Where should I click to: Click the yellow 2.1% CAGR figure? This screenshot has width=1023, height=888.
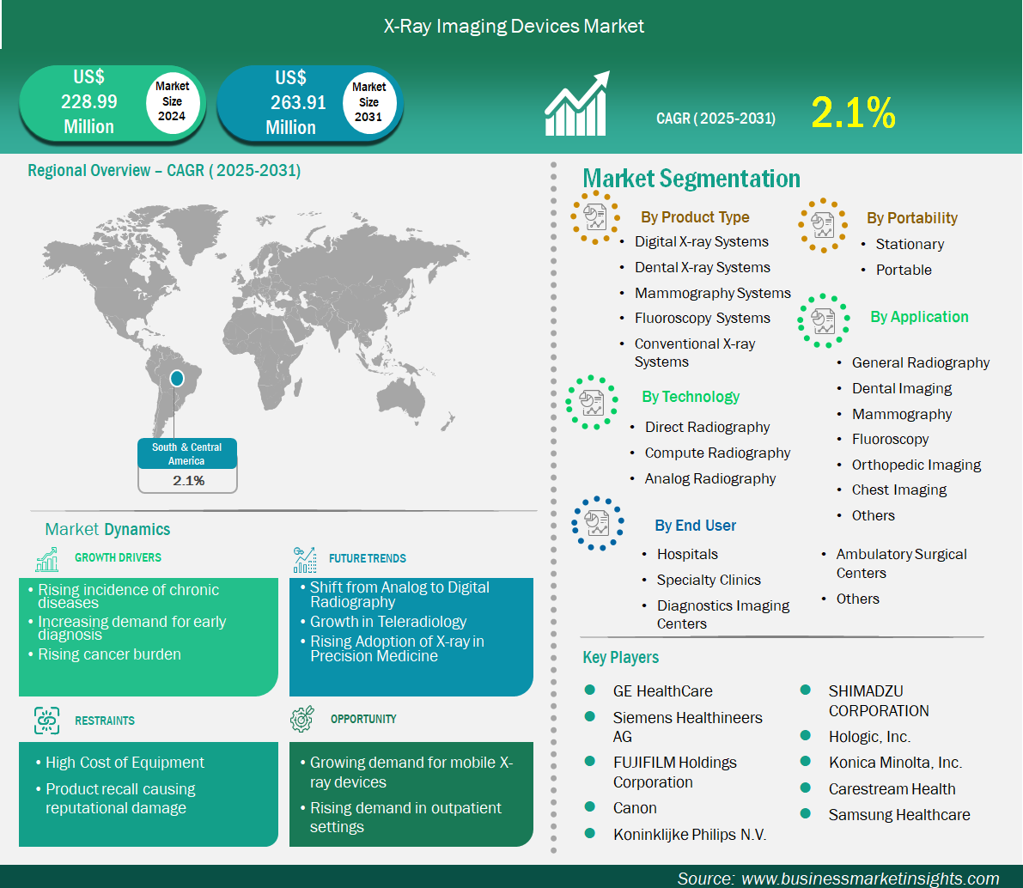[x=853, y=113]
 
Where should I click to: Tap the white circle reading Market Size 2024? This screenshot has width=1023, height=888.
[x=173, y=101]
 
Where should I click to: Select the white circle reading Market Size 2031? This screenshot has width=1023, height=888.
[x=368, y=102]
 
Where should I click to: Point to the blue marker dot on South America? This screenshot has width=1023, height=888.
[x=177, y=378]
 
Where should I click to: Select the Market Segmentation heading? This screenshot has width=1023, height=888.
[x=691, y=178]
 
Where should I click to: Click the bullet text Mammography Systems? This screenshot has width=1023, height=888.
[x=712, y=293]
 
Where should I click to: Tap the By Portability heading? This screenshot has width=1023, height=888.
[x=912, y=218]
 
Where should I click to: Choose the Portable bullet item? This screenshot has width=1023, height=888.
[x=904, y=270]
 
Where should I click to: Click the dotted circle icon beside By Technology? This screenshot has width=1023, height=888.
[x=592, y=402]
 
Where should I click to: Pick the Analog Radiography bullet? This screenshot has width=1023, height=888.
[x=709, y=478]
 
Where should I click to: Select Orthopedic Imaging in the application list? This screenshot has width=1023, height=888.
[x=916, y=465]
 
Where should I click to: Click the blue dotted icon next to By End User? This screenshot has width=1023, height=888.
[x=598, y=523]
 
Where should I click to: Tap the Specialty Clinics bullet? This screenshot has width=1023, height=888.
[x=709, y=580]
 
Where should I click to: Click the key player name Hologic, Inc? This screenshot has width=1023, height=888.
[x=869, y=737]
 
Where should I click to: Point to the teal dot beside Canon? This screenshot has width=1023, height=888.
[x=590, y=806]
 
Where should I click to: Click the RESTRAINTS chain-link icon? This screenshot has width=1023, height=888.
[x=47, y=721]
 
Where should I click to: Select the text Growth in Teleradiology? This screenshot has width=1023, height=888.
[x=388, y=622]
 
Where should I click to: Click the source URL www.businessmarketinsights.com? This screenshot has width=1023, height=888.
[x=870, y=879]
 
